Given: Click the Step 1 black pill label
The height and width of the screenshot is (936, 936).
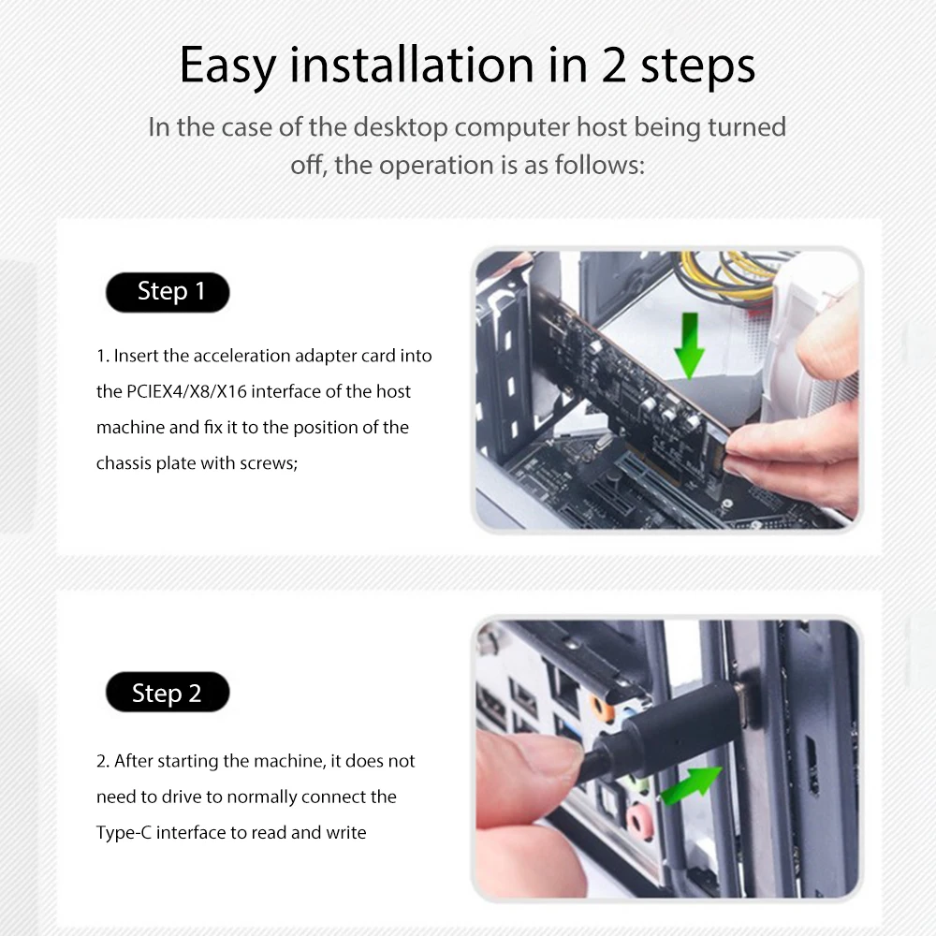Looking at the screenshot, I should tap(168, 292).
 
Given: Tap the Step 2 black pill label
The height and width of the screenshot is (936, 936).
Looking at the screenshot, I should tap(168, 693).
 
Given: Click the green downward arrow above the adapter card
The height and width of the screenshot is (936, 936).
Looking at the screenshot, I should tap(690, 344).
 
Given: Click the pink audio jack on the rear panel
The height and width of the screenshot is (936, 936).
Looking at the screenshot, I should tap(640, 825).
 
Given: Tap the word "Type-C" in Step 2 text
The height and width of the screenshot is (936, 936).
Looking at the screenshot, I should tap(124, 832).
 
